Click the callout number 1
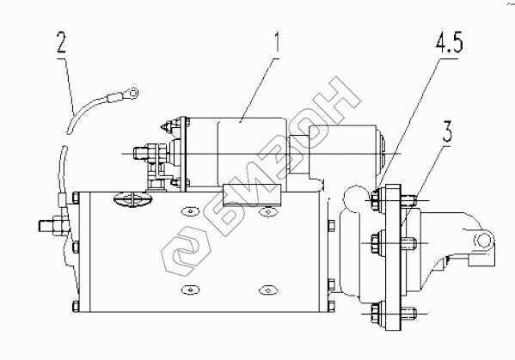[x=277, y=42]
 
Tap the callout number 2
[x=61, y=42]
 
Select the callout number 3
[x=448, y=131]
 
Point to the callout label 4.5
[x=449, y=43]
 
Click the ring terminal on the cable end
[x=132, y=94]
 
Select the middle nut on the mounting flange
[x=376, y=243]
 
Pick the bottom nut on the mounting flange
[x=376, y=314]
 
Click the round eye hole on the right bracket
[x=482, y=241]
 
